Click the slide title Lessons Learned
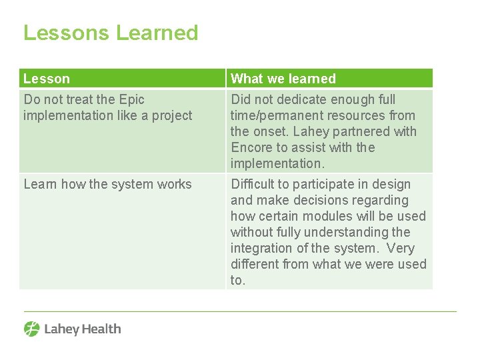point(111,33)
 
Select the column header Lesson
point(47,79)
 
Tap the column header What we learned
point(283,79)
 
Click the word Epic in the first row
point(131,99)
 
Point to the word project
point(173,115)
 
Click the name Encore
point(251,147)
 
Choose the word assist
point(307,147)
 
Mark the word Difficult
point(256,184)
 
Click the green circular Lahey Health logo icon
point(32,329)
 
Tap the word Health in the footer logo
point(101,329)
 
